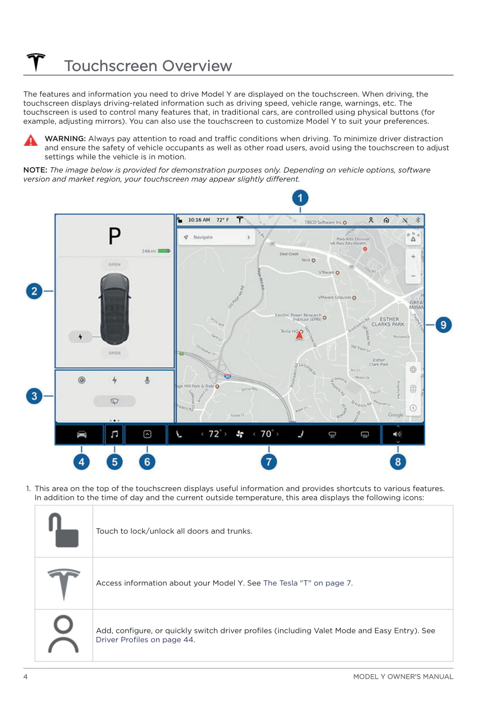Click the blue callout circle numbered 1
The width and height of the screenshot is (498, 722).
coord(300,198)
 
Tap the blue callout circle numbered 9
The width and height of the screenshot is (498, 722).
coord(443,325)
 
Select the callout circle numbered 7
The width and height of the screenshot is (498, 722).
coord(269,462)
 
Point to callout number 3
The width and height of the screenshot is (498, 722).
coord(34,396)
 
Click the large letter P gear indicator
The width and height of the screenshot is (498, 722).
coord(115,236)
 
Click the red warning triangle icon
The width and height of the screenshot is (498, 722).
coord(31,141)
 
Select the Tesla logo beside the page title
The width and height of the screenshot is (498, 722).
coord(36,62)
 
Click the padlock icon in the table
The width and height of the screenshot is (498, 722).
coord(64,530)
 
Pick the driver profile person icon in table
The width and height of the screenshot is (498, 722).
coord(64,634)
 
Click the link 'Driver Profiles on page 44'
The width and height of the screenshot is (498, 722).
coord(145,639)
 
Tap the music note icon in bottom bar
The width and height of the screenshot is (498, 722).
coord(114,434)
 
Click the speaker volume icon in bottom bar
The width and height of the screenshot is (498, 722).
coord(397,434)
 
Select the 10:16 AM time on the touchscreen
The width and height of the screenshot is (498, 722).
coord(199,220)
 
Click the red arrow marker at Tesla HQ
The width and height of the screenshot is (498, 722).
coord(300,335)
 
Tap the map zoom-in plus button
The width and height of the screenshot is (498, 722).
coord(413,257)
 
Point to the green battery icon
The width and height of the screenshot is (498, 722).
coord(164,251)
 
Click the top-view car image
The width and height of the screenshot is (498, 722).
coord(115,309)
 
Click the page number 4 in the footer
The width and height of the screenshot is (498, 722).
coord(25,676)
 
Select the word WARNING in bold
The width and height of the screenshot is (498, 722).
coord(65,138)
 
